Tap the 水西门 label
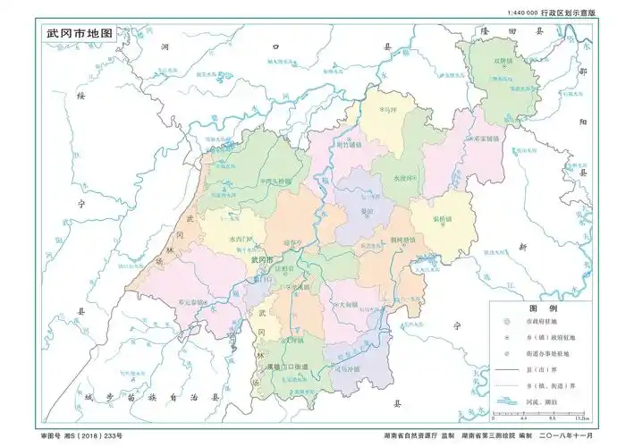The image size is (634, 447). pos(241,240)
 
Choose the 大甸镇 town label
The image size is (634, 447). pos(348,305)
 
